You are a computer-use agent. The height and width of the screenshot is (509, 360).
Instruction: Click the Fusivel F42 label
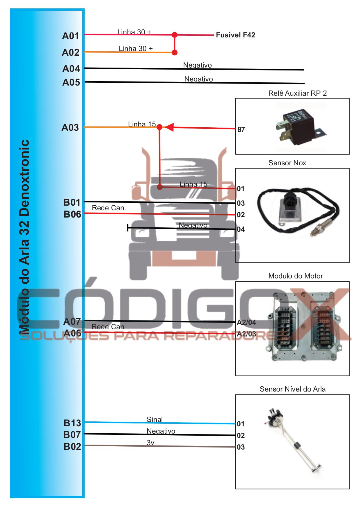coord(235,35)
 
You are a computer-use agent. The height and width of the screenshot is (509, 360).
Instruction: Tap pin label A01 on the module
coord(71,36)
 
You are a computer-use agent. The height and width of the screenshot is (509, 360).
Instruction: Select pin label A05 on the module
coord(71,82)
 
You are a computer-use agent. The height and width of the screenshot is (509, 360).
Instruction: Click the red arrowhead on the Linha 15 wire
coord(169,127)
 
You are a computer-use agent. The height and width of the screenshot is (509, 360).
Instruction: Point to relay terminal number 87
coord(241,130)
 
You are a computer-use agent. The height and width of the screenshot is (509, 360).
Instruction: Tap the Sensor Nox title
coord(287,163)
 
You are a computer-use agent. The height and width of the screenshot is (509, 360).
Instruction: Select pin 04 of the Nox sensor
coord(241,229)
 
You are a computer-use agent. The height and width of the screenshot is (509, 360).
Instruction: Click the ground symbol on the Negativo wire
coord(128,228)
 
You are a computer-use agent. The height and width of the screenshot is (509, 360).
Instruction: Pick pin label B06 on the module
coord(72,214)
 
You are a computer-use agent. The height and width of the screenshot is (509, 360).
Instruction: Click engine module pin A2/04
coord(246,323)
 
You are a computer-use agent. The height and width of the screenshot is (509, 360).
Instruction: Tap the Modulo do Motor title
coord(295,276)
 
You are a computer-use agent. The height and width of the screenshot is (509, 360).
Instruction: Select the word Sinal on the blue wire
coord(154,419)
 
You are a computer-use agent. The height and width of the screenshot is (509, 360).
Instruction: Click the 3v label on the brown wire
coord(150,443)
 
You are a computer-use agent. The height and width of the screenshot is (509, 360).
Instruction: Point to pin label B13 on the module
coord(72,423)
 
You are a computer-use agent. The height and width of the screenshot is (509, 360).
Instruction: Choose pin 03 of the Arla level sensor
coord(241,447)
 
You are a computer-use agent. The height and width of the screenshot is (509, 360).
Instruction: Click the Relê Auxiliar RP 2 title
coord(297,93)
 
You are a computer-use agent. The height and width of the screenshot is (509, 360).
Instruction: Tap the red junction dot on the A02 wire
coord(174,52)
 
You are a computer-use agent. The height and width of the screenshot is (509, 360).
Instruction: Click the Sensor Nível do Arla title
coord(292,389)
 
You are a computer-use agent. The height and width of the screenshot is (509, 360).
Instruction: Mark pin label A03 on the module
coord(70,128)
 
